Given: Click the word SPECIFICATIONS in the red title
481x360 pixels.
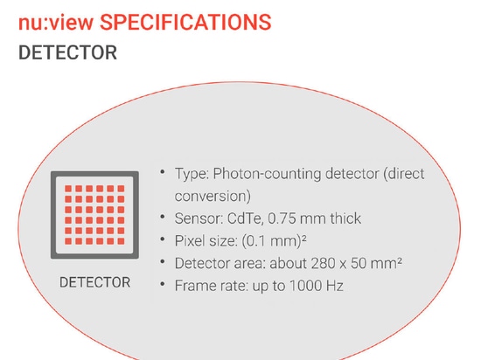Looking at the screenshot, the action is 185,23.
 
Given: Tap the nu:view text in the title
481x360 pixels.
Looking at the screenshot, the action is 56,23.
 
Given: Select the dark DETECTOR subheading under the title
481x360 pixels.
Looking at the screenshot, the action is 68,52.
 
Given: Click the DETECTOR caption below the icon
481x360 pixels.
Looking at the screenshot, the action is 94,282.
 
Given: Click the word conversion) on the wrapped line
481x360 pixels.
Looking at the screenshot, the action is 213,196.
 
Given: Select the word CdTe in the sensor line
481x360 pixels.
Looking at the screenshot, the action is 245,218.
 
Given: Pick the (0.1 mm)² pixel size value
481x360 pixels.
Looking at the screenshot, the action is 275,241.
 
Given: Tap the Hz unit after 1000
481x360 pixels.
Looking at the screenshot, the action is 335,286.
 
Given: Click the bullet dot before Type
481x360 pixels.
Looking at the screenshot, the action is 163,172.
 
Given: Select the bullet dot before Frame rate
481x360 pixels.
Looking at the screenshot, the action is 163,284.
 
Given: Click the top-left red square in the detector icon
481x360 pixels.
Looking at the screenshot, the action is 68,189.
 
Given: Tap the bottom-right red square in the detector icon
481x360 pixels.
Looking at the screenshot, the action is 121,241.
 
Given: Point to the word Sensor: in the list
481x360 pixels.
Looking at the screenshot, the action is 199,218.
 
